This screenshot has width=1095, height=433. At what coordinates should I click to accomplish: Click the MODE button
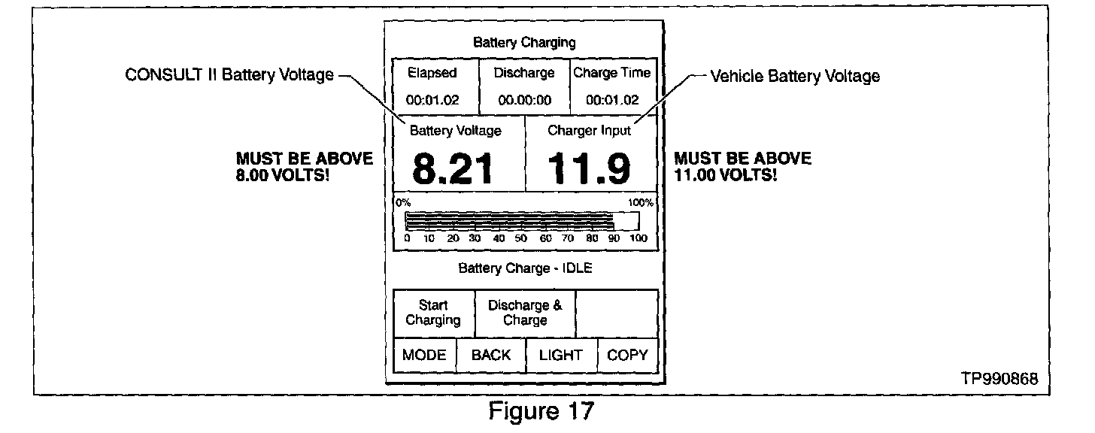424,356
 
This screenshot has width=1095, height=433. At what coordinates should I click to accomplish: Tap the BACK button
490,356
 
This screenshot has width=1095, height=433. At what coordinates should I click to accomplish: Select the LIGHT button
560,356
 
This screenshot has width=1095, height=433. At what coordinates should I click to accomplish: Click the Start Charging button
433,313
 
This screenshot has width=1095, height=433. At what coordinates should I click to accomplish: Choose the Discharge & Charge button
525,313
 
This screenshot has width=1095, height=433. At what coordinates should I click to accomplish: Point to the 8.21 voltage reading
453,168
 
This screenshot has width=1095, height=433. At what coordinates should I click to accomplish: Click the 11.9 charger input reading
589,168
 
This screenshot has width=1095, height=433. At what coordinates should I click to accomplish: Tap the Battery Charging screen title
524,43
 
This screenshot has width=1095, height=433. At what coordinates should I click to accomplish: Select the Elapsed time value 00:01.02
432,100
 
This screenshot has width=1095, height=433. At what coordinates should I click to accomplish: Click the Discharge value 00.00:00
523,100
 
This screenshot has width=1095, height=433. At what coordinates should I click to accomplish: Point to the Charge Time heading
611,73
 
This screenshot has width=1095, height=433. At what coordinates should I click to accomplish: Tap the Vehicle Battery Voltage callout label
794,76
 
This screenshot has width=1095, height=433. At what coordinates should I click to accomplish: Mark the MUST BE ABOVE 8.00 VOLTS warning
304,167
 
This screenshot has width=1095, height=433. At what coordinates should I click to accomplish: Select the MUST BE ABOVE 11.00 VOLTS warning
742,167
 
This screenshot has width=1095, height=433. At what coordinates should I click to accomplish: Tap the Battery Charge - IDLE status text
525,268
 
